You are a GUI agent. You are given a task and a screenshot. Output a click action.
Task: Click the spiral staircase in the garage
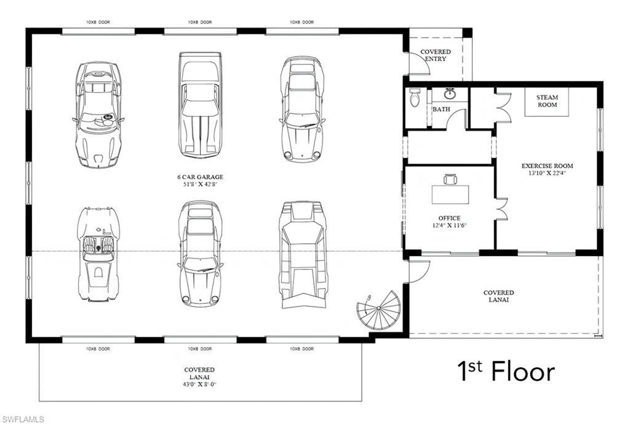coord(378,310)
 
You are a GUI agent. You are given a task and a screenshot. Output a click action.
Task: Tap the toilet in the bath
coord(415,98)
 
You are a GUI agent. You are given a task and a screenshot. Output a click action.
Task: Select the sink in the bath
coord(450,94)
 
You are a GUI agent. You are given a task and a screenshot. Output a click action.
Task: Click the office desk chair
coord(450,179)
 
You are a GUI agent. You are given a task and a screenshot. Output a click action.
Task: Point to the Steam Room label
coord(547,101)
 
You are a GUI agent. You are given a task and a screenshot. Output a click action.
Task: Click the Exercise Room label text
coord(547,166)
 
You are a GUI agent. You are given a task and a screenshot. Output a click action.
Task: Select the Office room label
coord(449,218)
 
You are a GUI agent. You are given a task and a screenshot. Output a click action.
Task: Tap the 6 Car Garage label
coord(200,177)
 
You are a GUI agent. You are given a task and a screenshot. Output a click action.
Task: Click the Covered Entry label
coord(436,55)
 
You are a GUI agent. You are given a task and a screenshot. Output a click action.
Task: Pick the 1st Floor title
coord(506,371)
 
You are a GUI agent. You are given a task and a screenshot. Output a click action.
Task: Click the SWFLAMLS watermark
coord(23,419)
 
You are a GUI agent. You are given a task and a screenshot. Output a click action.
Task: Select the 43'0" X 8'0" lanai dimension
coord(200,385)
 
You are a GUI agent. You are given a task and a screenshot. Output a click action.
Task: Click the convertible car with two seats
coord(98,254)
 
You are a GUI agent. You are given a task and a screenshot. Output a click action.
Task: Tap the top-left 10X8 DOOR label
coord(98,22)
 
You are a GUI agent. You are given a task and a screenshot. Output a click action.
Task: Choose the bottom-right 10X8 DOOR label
coord(301,349)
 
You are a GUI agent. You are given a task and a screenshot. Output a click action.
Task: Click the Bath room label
coord(441,110)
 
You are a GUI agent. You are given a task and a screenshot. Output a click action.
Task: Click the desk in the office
coord(450,194)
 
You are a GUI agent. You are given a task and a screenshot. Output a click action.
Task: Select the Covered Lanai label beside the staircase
coord(498,296)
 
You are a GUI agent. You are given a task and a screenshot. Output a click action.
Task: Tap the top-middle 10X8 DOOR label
coord(200,22)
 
